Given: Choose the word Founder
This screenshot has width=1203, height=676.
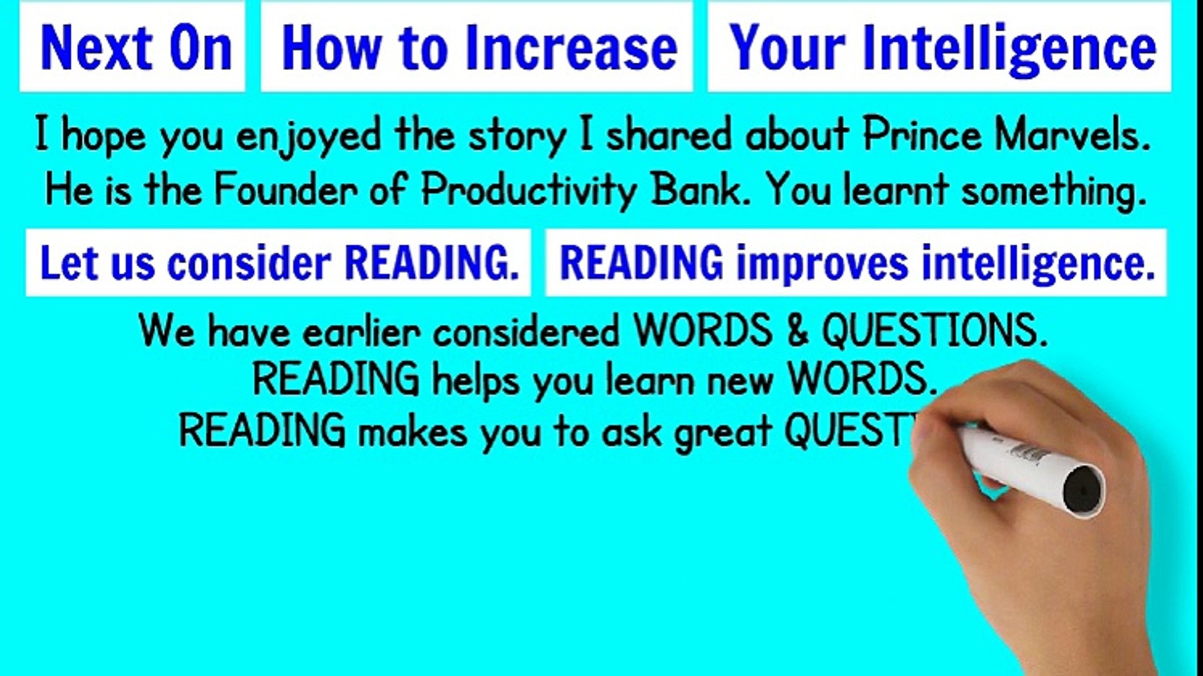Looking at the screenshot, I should coord(287,189).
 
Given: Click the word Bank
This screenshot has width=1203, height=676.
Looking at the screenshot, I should coord(699,189).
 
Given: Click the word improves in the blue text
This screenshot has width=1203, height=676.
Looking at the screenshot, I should coord(822,263).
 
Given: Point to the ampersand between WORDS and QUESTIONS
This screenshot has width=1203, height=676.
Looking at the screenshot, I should coord(797,330).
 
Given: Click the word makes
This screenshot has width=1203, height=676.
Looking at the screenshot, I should coord(412,431).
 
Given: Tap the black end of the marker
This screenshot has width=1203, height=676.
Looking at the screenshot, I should coord(1084,490).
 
